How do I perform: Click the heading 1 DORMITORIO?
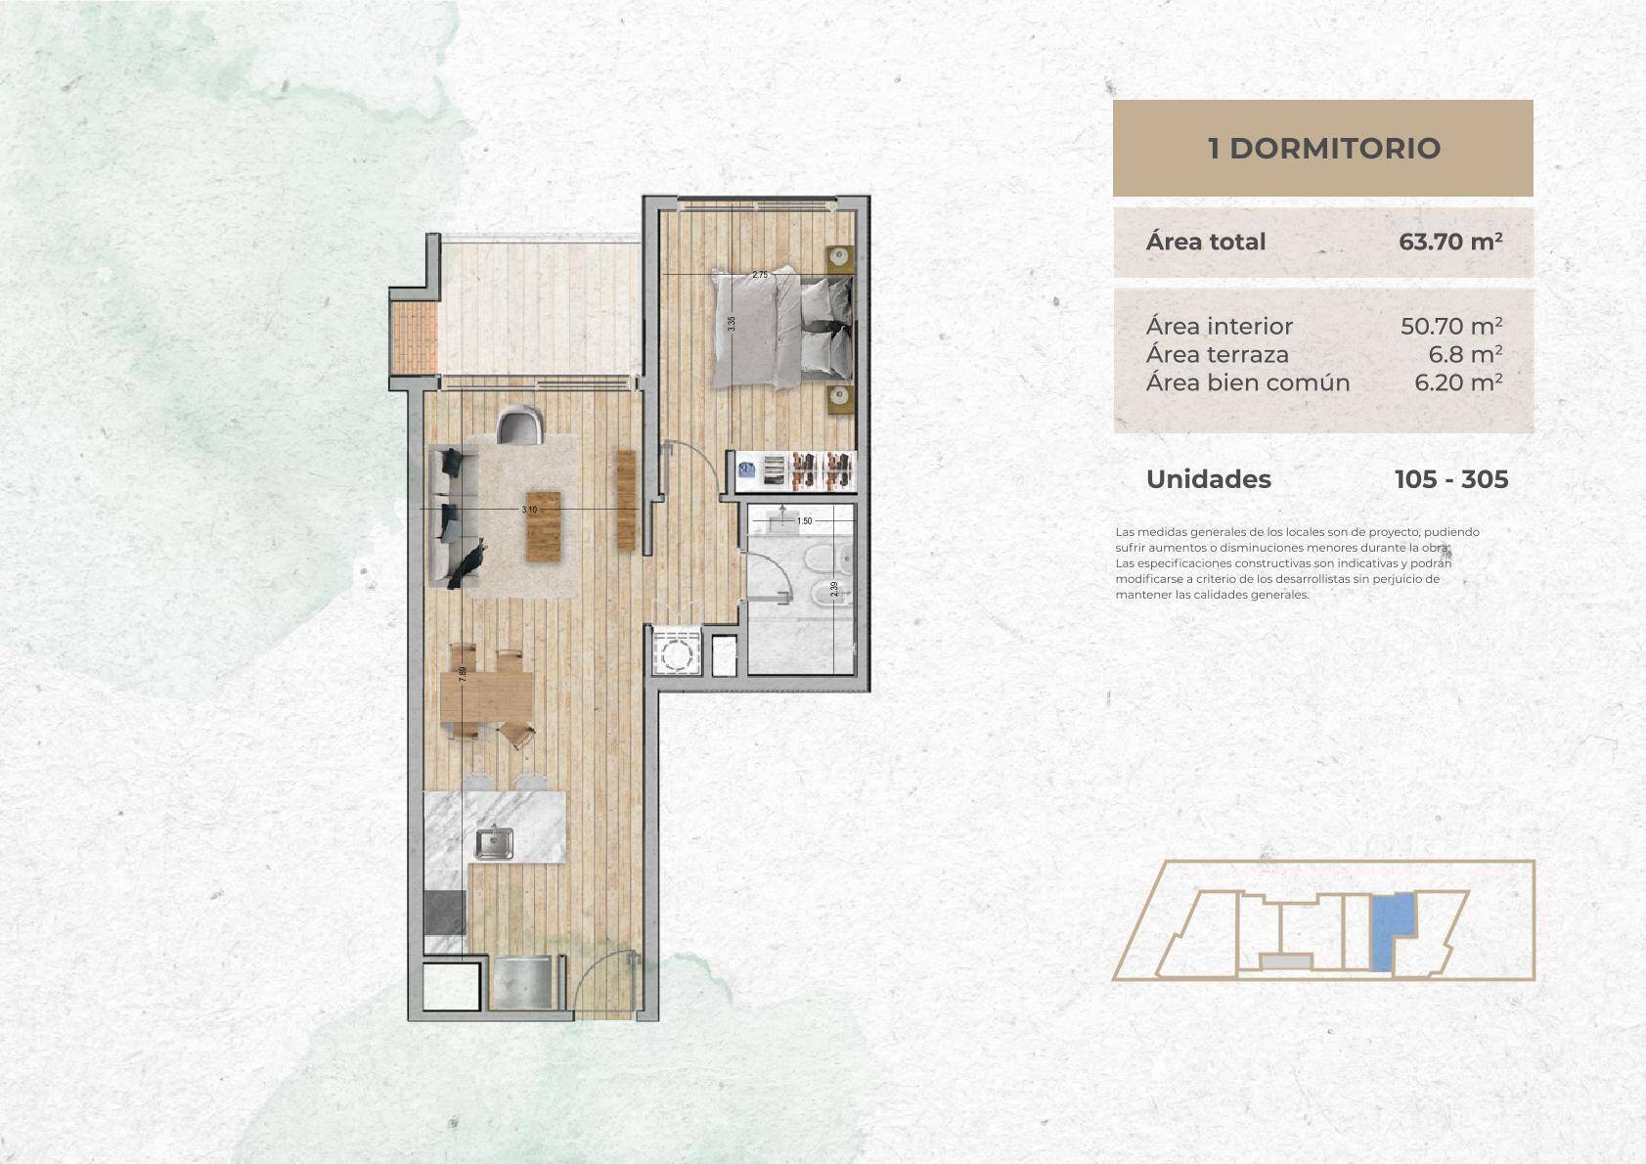click(x=1323, y=149)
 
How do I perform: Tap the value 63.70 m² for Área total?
click(x=1449, y=241)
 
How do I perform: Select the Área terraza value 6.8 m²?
click(x=1465, y=354)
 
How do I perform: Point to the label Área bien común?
click(x=1248, y=382)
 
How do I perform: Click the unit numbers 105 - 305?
click(x=1451, y=479)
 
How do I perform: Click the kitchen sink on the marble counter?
click(x=495, y=842)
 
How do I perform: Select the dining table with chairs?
click(x=486, y=695)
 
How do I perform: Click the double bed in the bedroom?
click(x=781, y=327)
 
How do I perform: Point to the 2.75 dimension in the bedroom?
click(x=760, y=275)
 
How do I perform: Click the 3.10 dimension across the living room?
click(x=529, y=510)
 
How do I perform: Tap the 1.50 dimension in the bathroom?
click(x=805, y=521)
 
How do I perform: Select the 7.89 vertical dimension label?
click(x=463, y=674)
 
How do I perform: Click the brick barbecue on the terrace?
click(x=415, y=338)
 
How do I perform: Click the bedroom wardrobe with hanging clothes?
click(x=795, y=470)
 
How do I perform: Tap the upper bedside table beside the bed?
click(x=839, y=257)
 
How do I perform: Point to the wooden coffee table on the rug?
click(x=543, y=526)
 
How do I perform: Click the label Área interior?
click(x=1219, y=326)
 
